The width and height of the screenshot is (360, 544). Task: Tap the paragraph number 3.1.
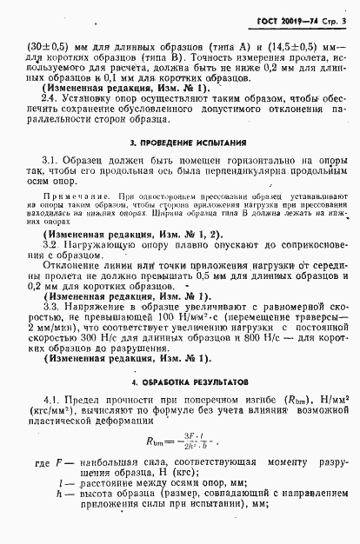click(51, 161)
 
